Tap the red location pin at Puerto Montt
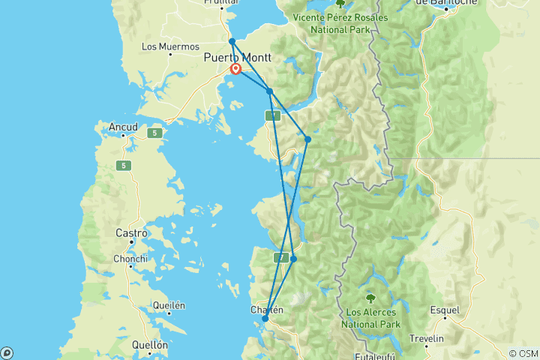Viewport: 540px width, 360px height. [235, 69]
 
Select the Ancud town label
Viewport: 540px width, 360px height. [123, 127]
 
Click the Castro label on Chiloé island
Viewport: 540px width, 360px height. [130, 233]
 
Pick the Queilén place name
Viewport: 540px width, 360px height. [169, 306]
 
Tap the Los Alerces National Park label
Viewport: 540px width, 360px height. [371, 318]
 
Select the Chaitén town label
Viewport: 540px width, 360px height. [266, 309]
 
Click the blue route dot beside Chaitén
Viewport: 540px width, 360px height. [265, 319]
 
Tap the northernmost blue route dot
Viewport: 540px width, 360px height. [232, 41]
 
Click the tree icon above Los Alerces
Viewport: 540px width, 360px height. [371, 297]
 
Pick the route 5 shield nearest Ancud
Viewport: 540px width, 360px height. [154, 133]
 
